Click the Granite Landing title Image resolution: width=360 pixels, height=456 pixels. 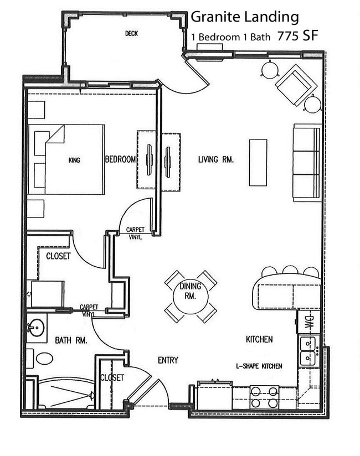pyautogui.click(x=244, y=18)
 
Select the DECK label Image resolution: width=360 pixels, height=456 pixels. pyautogui.click(x=131, y=34)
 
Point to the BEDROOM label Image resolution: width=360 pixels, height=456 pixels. pyautogui.click(x=120, y=159)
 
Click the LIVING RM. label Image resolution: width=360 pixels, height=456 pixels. pyautogui.click(x=216, y=159)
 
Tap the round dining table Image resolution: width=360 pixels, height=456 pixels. pyautogui.click(x=191, y=297)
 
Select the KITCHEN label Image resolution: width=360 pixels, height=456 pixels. pyautogui.click(x=259, y=339)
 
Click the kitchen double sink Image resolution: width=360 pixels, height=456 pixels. pyautogui.click(x=307, y=352)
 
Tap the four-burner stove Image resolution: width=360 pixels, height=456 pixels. pyautogui.click(x=264, y=397)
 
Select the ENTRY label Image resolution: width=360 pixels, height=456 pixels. pyautogui.click(x=168, y=360)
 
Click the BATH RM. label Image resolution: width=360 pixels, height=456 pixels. pyautogui.click(x=70, y=341)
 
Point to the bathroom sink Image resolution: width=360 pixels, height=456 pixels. pyautogui.click(x=37, y=328)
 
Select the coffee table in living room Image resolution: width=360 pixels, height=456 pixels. pyautogui.click(x=258, y=162)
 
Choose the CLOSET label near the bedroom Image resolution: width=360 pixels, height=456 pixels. pyautogui.click(x=58, y=256)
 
